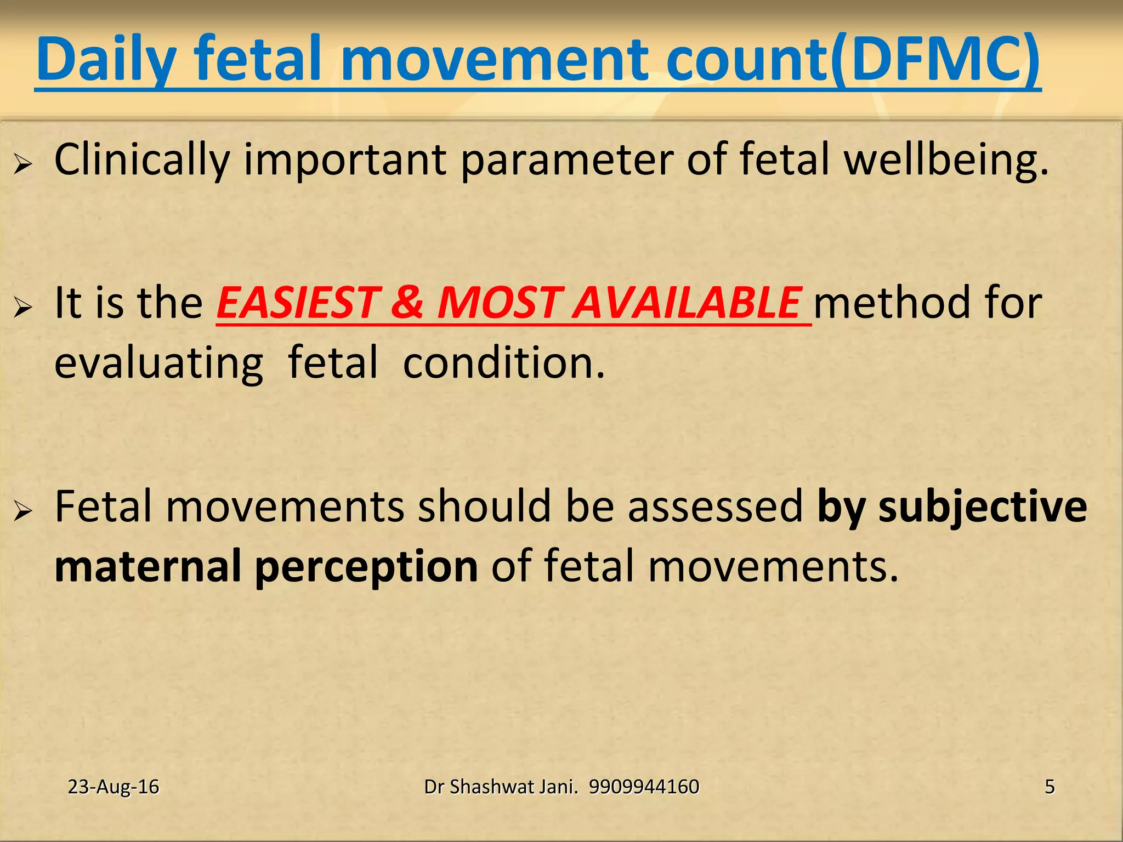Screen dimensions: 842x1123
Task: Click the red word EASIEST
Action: tap(296, 303)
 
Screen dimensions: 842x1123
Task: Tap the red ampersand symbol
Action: tap(407, 303)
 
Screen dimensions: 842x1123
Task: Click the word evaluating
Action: tap(159, 363)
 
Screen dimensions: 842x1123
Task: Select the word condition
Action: tap(503, 363)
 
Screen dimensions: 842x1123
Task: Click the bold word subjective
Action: tap(982, 507)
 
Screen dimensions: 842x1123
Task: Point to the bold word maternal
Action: tap(148, 566)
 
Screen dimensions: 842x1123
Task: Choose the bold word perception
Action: tap(366, 566)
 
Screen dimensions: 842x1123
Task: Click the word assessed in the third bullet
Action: tap(715, 507)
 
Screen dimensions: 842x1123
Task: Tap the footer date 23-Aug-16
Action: tap(114, 787)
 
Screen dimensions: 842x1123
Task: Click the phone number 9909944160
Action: tap(644, 787)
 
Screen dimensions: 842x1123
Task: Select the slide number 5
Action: tap(1050, 787)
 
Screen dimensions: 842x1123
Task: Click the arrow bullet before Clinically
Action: tap(23, 163)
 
